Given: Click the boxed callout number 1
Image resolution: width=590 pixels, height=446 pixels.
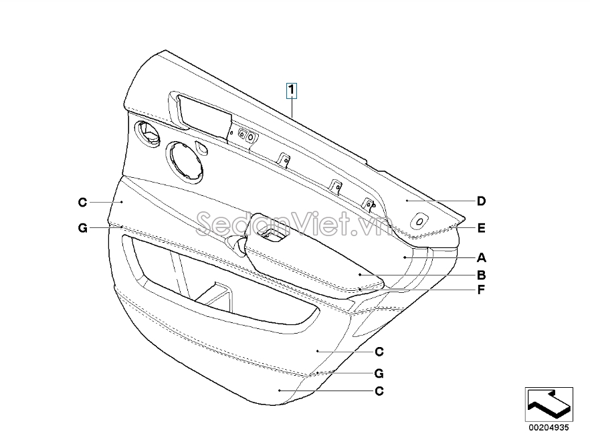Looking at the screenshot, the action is click(291, 91).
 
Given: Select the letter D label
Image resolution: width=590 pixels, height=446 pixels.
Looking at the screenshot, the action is click(481, 201).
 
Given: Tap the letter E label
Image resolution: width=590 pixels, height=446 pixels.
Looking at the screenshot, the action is click(481, 228).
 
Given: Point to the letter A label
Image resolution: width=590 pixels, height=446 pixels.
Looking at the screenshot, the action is click(481, 258).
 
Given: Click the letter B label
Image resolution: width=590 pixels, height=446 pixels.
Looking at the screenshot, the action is click(481, 275).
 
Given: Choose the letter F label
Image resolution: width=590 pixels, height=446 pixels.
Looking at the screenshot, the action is click(481, 290).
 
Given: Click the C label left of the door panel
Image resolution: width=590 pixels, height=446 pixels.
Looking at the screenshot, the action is click(82, 203).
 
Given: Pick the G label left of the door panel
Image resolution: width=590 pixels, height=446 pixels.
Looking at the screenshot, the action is click(82, 228).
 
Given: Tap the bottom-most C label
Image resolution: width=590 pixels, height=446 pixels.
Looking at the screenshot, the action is click(379, 391).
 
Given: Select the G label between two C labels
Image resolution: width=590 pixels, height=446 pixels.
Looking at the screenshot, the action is click(379, 373).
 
